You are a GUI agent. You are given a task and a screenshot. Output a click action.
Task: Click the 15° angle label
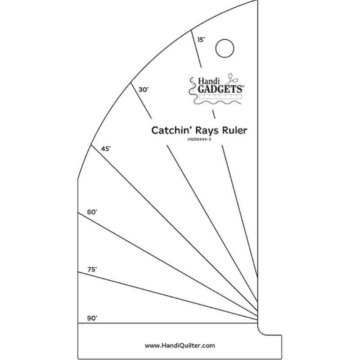click(x=201, y=40)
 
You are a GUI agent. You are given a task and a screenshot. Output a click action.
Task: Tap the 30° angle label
click(x=144, y=90)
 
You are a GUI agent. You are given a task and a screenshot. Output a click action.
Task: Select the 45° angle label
click(x=106, y=149)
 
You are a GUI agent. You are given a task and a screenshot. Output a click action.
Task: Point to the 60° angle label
click(x=92, y=212)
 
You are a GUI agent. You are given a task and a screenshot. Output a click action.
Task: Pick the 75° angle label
click(x=92, y=269)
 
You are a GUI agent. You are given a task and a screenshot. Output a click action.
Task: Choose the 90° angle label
click(x=92, y=318)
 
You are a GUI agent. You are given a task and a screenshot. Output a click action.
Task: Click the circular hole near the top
click(x=225, y=48)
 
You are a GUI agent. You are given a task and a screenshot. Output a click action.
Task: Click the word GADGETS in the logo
click(x=220, y=89)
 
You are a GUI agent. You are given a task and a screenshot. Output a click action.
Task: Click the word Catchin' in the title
click(x=172, y=130)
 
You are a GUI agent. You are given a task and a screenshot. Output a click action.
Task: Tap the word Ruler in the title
click(x=235, y=130)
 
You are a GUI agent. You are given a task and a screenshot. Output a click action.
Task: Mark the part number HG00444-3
click(x=199, y=139)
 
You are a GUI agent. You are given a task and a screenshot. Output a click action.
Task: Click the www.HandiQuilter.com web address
click(x=180, y=345)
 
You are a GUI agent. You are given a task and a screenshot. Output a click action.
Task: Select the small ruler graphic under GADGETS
click(x=220, y=96)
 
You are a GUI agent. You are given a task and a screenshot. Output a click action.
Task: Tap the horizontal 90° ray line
click(x=168, y=323)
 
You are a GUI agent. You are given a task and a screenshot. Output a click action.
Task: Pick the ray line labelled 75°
click(x=168, y=296)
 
